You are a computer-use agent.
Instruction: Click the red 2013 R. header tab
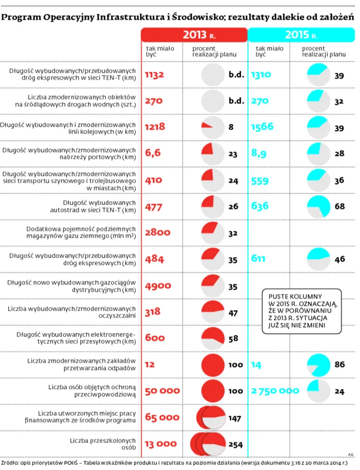click(x=194, y=35)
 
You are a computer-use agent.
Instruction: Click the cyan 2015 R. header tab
click(x=301, y=35)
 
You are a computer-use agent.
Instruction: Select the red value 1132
click(x=154, y=75)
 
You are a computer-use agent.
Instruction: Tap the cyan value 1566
click(x=262, y=127)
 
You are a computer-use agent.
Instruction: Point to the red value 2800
click(x=158, y=232)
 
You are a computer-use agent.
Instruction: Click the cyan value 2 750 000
click(x=275, y=391)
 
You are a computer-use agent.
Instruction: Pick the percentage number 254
click(x=236, y=444)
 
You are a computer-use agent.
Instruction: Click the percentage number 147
click(x=235, y=418)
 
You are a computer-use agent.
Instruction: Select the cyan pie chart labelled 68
click(x=319, y=206)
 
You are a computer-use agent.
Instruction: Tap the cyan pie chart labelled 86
click(x=319, y=364)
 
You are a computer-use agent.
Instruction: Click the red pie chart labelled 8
click(x=213, y=127)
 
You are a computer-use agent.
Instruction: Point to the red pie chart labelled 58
click(x=213, y=338)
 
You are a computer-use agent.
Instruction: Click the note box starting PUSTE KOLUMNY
click(x=302, y=311)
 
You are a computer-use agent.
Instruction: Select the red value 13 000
click(x=161, y=444)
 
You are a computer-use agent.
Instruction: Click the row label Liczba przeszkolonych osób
click(x=103, y=444)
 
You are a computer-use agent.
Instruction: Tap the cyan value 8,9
click(x=259, y=153)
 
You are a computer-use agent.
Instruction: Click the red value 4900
click(x=158, y=286)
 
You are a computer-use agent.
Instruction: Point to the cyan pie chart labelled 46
click(x=319, y=259)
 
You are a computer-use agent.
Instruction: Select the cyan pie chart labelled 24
click(x=319, y=391)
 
